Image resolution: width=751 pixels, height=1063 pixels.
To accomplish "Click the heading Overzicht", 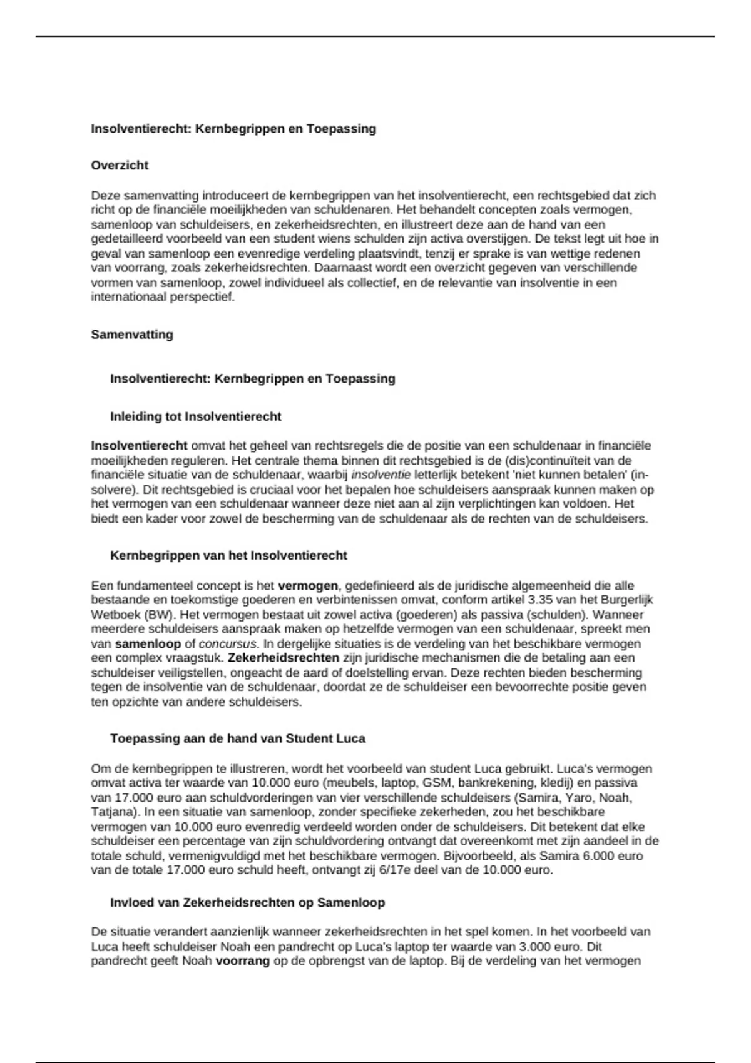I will point(120,166).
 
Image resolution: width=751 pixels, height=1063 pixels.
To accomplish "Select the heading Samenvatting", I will point(132,335).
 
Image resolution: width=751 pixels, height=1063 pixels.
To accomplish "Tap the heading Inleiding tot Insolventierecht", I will point(196,416).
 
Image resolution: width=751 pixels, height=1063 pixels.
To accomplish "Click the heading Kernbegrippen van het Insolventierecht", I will point(228,555).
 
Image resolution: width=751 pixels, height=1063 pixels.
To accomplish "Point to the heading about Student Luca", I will point(238,738).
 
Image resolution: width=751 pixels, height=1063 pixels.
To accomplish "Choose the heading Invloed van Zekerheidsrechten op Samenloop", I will point(247,903).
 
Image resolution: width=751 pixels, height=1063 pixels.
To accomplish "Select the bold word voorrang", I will point(243,961).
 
